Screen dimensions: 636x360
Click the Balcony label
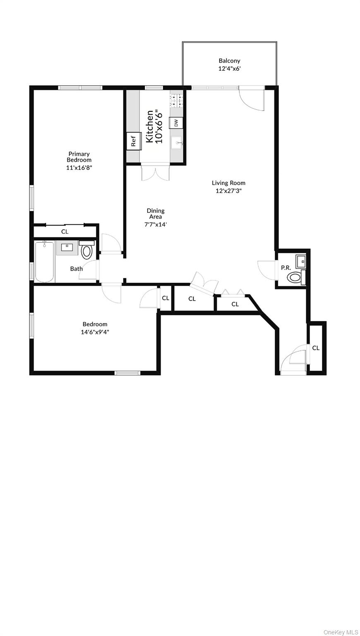pyautogui.click(x=229, y=61)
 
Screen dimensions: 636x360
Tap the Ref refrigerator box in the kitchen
pyautogui.click(x=134, y=141)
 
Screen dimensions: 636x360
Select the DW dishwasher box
pyautogui.click(x=176, y=123)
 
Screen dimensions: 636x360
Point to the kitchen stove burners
pyautogui.click(x=176, y=101)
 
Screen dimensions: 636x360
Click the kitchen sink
pyautogui.click(x=177, y=143)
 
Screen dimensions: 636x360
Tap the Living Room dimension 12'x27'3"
pyautogui.click(x=228, y=191)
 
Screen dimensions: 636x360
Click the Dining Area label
pyautogui.click(x=156, y=214)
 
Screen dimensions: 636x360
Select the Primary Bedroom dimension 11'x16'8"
pyautogui.click(x=79, y=168)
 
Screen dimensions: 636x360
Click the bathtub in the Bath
pyautogui.click(x=44, y=262)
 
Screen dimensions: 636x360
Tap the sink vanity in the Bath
pyautogui.click(x=67, y=248)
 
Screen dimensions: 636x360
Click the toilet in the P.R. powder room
pyautogui.click(x=295, y=277)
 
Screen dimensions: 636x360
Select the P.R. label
pyautogui.click(x=286, y=268)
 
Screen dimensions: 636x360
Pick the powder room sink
pyautogui.click(x=300, y=261)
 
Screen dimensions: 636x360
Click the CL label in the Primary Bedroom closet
pyautogui.click(x=65, y=231)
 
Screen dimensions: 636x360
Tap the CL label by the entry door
pyautogui.click(x=316, y=348)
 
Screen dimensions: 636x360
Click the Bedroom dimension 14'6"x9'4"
pyautogui.click(x=95, y=332)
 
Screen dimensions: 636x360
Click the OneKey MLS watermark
pyautogui.click(x=341, y=632)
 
